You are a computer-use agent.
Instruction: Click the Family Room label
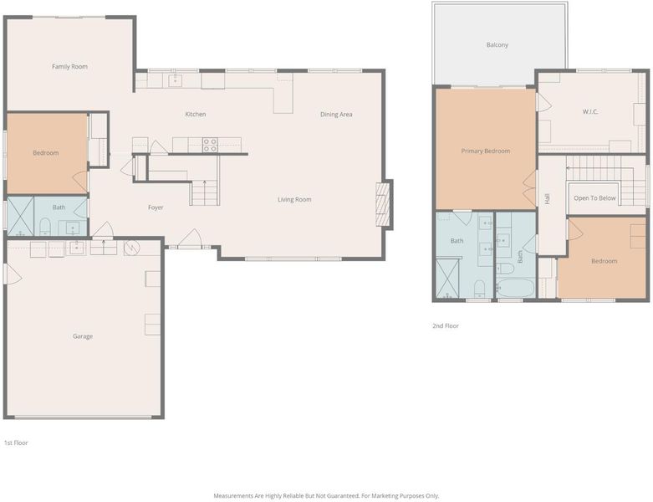tap(69, 67)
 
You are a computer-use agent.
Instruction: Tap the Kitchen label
tap(196, 114)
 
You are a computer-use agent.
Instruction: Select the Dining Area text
tap(336, 114)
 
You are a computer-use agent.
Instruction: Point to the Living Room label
tap(294, 200)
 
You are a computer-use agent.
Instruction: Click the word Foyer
tap(156, 207)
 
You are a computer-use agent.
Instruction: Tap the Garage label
tap(83, 336)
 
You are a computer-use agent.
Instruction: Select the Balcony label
tap(497, 44)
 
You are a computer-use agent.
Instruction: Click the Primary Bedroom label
tap(486, 151)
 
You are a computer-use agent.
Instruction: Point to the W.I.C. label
tap(590, 111)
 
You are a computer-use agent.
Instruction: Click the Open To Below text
tap(594, 198)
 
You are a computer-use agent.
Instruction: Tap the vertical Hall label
tap(547, 199)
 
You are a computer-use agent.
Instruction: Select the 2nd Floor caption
tap(445, 325)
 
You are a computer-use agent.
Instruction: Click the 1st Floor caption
tap(16, 443)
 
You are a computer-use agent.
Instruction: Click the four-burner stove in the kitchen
tap(210, 145)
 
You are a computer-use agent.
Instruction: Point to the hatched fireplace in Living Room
tap(383, 204)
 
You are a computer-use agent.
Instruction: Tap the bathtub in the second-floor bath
tap(516, 288)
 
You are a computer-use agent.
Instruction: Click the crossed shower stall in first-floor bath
tap(20, 216)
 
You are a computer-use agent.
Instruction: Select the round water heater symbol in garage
tap(131, 248)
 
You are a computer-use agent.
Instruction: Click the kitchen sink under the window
tap(175, 80)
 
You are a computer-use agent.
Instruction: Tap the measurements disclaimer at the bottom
tap(326, 496)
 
